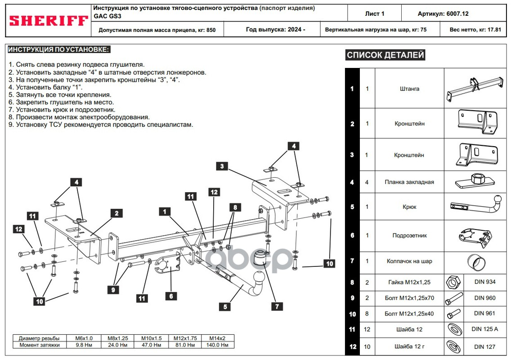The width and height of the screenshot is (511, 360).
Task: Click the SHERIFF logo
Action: coord(49,21)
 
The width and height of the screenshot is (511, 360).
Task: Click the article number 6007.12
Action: coord(457,13)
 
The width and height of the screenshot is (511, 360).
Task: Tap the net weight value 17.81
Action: coord(494,30)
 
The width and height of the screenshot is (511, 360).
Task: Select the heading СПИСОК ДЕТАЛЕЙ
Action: coord(385,55)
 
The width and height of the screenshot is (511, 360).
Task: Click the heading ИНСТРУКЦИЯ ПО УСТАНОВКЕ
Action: coord(59,49)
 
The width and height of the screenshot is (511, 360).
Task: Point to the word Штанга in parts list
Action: coord(409,89)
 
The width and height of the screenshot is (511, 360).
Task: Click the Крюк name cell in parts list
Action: coord(409,207)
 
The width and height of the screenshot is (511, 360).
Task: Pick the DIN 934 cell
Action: coord(484,282)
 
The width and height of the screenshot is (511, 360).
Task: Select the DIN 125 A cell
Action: coord(484,329)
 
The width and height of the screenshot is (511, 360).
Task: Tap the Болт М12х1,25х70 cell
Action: coord(409,298)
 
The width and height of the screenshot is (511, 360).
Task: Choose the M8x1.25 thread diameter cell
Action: coord(118,338)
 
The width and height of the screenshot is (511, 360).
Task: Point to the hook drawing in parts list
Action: coord(476,207)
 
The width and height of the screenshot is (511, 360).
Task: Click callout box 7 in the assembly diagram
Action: coord(277,306)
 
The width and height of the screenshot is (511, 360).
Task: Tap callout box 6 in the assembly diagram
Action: coord(171,296)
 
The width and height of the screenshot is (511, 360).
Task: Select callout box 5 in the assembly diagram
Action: coord(224,307)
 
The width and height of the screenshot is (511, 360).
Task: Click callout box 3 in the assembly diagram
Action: coord(221,166)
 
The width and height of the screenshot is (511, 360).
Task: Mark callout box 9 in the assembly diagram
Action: coord(114,290)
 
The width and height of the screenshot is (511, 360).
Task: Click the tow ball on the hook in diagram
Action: coord(260,278)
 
